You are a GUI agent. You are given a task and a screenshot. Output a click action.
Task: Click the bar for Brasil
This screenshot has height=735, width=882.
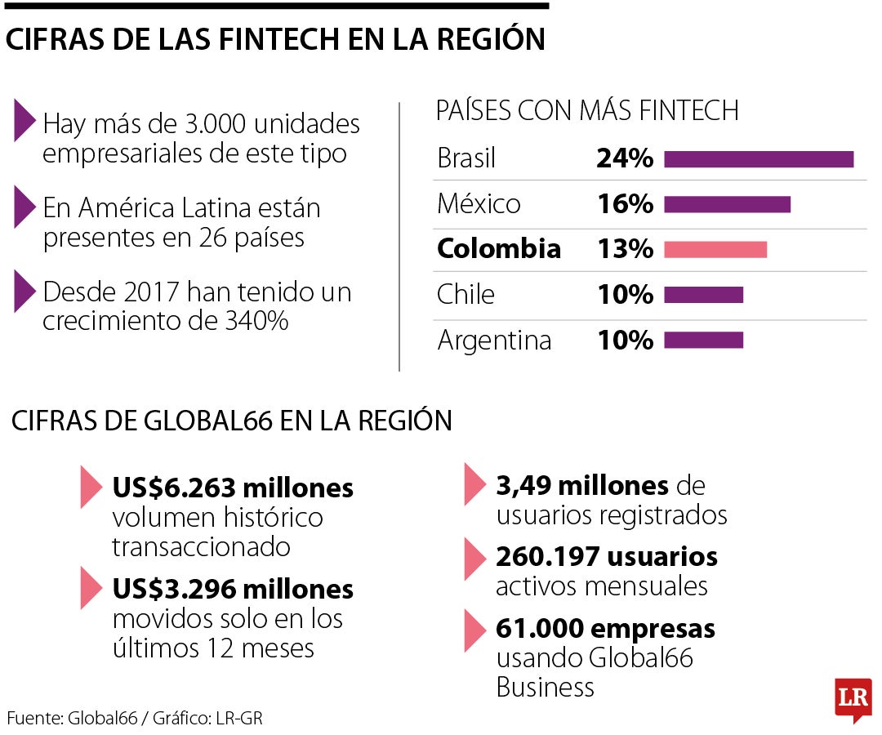point(759,159)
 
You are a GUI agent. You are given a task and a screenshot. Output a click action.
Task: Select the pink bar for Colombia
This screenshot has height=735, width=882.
point(715,249)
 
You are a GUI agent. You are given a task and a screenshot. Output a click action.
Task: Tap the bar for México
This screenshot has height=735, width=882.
point(727,204)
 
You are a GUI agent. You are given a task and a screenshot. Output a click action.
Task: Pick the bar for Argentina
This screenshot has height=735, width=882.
point(703,340)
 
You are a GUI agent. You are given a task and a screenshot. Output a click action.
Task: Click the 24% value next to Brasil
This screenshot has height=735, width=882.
point(625,158)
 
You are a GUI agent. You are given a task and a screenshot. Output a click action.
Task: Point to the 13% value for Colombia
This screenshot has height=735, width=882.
point(625,249)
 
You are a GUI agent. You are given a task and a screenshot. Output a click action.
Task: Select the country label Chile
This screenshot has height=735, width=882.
point(465,294)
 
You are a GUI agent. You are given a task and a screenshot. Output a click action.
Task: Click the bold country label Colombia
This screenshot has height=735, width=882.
point(499,249)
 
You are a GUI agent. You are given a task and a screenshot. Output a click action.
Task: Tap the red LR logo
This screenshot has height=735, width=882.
point(853,698)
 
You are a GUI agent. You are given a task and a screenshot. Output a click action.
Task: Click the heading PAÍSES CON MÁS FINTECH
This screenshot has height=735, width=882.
point(587,111)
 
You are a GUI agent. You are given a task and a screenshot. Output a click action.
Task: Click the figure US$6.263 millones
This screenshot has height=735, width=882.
point(233,488)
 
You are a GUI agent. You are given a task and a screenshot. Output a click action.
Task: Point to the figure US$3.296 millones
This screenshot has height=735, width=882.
point(233,589)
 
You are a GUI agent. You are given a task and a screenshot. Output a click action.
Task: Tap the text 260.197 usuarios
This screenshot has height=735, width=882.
point(607,557)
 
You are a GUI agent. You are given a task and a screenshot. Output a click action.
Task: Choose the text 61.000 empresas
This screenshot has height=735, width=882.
point(605,629)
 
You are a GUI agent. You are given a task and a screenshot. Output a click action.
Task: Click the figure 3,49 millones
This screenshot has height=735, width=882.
point(581,486)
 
